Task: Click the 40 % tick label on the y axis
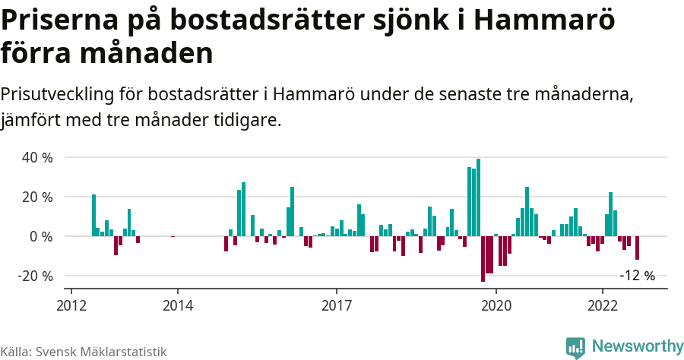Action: click(x=36, y=158)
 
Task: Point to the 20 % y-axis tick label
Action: click(x=36, y=197)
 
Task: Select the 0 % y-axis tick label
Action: click(x=41, y=237)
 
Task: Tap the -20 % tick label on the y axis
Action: click(x=35, y=276)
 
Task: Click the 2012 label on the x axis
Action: click(x=71, y=304)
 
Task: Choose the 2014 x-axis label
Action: click(x=177, y=304)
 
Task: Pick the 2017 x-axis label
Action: click(x=337, y=304)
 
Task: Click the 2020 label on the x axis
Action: click(x=496, y=304)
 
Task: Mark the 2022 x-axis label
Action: click(x=603, y=304)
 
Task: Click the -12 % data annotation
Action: click(x=637, y=276)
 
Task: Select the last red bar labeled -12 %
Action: click(x=638, y=248)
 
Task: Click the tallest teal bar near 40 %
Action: click(x=478, y=197)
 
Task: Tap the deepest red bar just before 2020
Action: click(x=483, y=259)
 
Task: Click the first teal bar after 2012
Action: click(x=93, y=216)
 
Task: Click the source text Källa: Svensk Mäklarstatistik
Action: click(x=83, y=352)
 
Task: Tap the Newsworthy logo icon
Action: click(x=575, y=347)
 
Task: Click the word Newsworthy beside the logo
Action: click(x=637, y=346)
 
